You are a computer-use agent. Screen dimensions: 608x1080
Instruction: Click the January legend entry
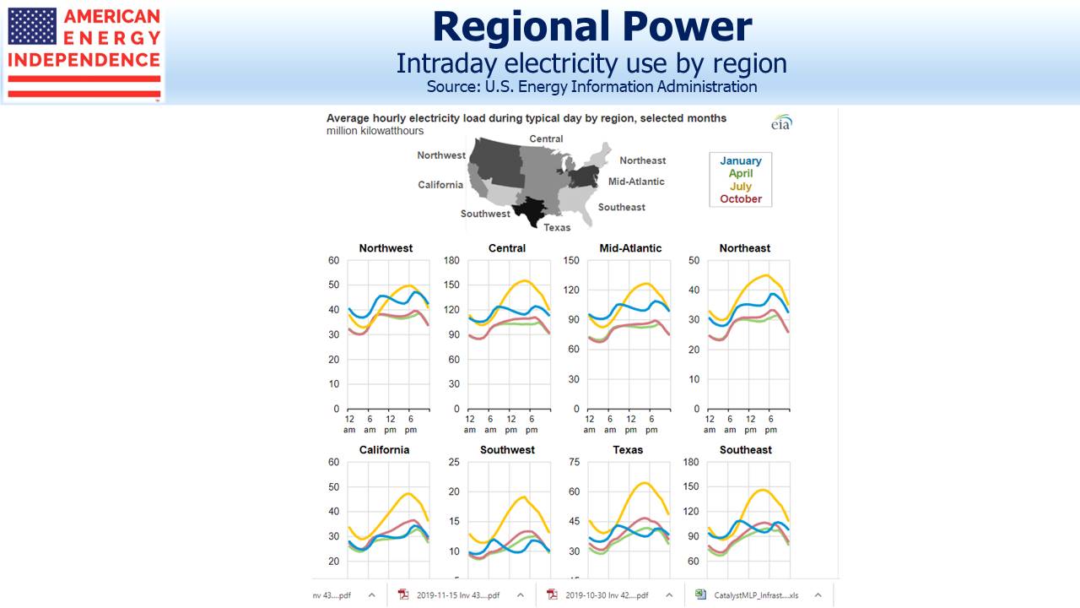(x=740, y=160)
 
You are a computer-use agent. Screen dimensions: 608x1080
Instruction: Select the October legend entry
(x=740, y=199)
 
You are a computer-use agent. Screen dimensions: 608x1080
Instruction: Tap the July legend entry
(x=740, y=187)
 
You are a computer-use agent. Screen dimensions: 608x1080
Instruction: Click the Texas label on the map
(x=557, y=227)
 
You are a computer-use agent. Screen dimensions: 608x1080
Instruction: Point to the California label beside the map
(x=440, y=185)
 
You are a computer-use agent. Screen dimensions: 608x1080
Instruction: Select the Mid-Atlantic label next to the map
(x=636, y=182)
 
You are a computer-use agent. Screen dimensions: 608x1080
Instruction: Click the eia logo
(x=781, y=123)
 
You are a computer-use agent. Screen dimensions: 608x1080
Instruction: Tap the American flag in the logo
(x=32, y=26)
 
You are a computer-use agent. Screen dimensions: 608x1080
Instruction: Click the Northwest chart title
(x=386, y=248)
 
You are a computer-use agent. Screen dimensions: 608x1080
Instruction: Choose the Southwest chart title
(x=507, y=450)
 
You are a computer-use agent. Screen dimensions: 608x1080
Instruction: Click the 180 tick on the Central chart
(x=451, y=260)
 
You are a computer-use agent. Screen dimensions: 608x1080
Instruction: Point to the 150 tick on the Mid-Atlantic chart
(x=572, y=260)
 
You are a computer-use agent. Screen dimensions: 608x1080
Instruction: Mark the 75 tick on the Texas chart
(x=575, y=462)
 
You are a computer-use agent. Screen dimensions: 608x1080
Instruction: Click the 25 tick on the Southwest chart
(x=453, y=462)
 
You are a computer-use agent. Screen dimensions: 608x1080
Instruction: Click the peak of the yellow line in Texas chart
(x=645, y=483)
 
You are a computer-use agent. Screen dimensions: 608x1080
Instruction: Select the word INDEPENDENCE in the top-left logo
(x=84, y=60)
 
